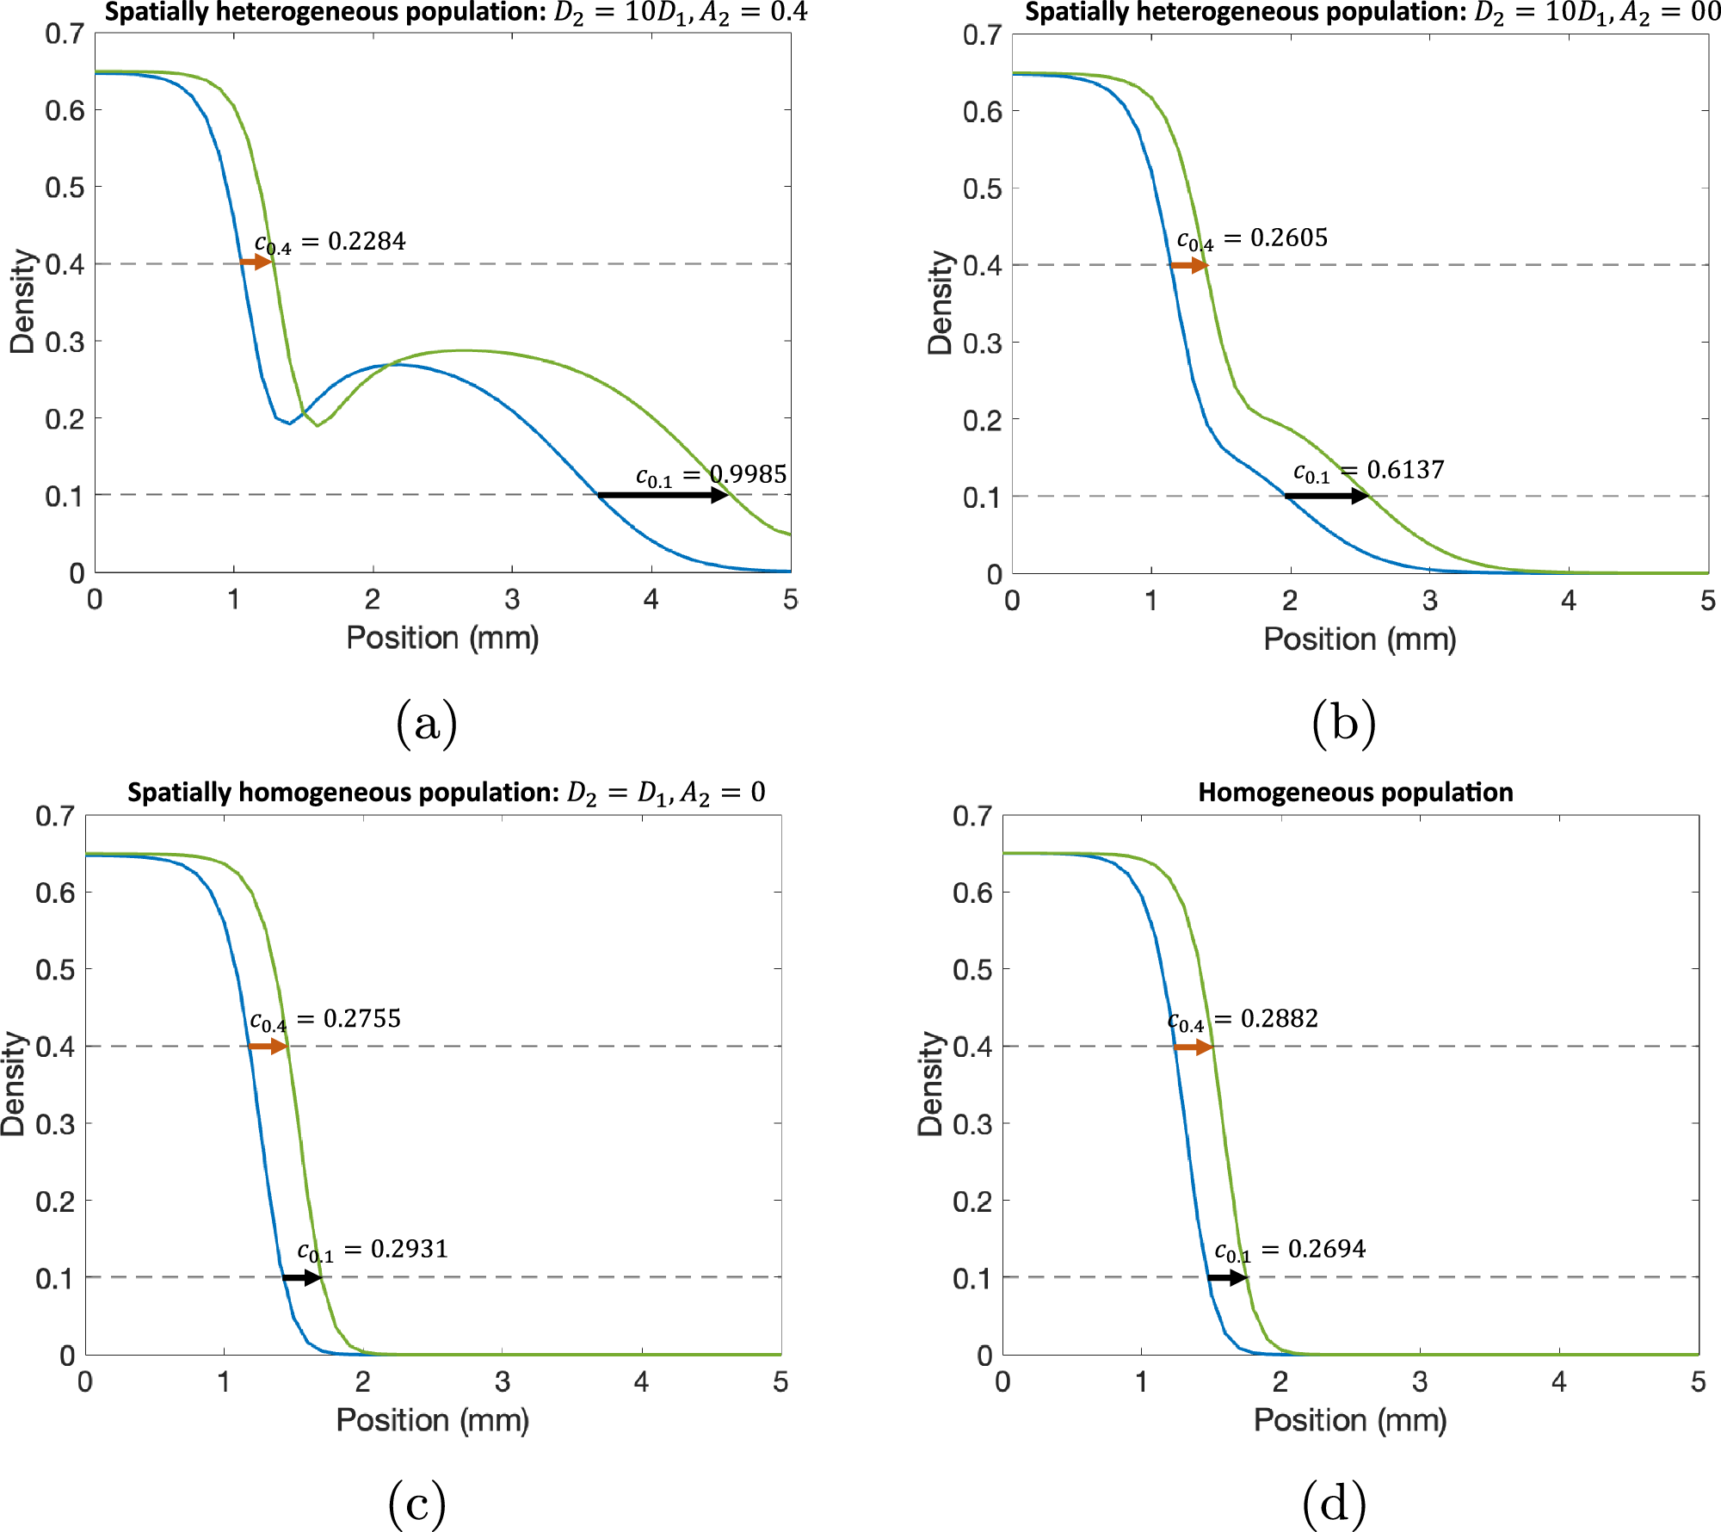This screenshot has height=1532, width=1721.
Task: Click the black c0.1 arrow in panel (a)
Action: (x=663, y=495)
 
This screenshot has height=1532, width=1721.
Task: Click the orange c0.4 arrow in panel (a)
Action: (x=256, y=262)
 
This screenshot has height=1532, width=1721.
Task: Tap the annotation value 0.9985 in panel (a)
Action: (x=748, y=474)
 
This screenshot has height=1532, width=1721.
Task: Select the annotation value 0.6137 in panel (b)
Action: (x=1405, y=470)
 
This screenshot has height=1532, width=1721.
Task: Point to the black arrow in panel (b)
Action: (x=1325, y=496)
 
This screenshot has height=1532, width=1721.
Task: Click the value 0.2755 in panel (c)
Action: (x=361, y=1019)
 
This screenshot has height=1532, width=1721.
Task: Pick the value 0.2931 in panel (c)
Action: (x=409, y=1249)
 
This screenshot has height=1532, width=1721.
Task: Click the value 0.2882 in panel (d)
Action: (x=1279, y=1019)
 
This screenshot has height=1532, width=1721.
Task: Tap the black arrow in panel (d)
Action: (x=1227, y=1277)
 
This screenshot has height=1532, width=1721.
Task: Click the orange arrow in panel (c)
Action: (x=268, y=1047)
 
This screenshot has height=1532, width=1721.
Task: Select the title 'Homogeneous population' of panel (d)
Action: (x=1355, y=793)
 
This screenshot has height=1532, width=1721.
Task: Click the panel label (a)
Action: (x=427, y=723)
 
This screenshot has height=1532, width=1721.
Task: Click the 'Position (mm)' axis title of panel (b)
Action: (x=1360, y=639)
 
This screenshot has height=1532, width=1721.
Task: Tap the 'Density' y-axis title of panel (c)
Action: (x=14, y=1084)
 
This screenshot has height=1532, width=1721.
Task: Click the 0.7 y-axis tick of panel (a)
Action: (x=65, y=34)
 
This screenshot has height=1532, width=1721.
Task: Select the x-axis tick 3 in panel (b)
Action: (x=1429, y=601)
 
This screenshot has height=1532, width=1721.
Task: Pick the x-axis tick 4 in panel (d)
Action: (x=1558, y=1382)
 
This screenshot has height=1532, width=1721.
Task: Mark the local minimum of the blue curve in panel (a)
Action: (x=290, y=423)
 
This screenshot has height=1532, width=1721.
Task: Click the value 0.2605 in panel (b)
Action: (x=1288, y=238)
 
